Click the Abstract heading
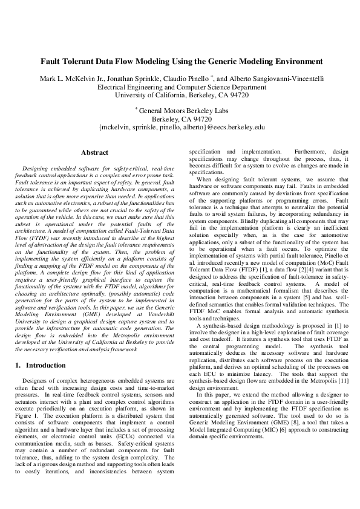click(x=94, y=153)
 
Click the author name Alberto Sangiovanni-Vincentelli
click(x=278, y=79)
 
